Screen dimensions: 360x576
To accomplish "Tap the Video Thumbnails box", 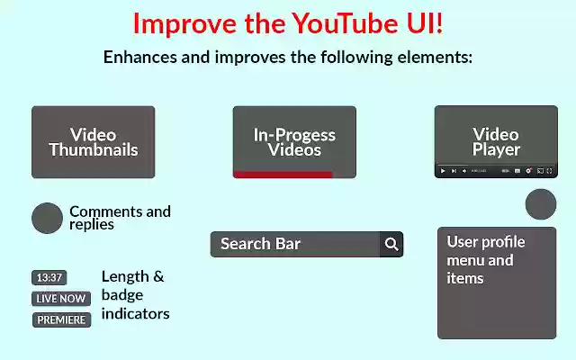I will [93, 142].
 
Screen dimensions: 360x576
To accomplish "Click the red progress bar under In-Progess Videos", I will [283, 175].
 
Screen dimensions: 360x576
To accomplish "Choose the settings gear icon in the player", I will [528, 171].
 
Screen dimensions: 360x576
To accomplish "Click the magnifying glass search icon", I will [391, 244].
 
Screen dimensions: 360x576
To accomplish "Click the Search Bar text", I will [260, 244].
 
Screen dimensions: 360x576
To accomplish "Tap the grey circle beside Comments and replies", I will [47, 219].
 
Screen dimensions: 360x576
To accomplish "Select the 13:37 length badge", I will [49, 278].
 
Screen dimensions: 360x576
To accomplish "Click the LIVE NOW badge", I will [61, 299].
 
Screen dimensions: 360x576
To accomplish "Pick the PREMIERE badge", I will [62, 319].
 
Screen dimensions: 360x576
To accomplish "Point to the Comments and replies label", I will [120, 218].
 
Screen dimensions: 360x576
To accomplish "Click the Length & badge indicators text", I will [135, 295].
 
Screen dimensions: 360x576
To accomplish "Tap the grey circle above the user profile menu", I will [541, 204].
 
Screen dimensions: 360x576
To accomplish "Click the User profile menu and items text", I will [486, 260].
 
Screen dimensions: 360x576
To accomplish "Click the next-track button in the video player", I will [454, 171].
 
